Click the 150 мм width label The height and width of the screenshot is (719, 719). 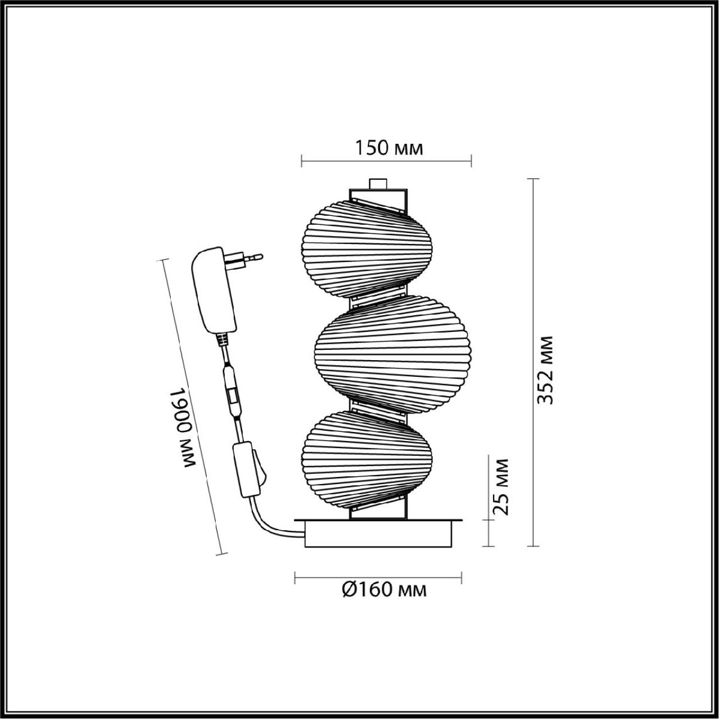pyautogui.click(x=389, y=147)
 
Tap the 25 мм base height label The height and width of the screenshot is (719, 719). pyautogui.click(x=500, y=486)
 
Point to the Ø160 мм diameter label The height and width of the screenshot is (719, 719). pyautogui.click(x=385, y=590)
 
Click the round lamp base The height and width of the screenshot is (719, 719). pyautogui.click(x=378, y=533)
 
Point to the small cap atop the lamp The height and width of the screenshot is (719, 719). pyautogui.click(x=377, y=183)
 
